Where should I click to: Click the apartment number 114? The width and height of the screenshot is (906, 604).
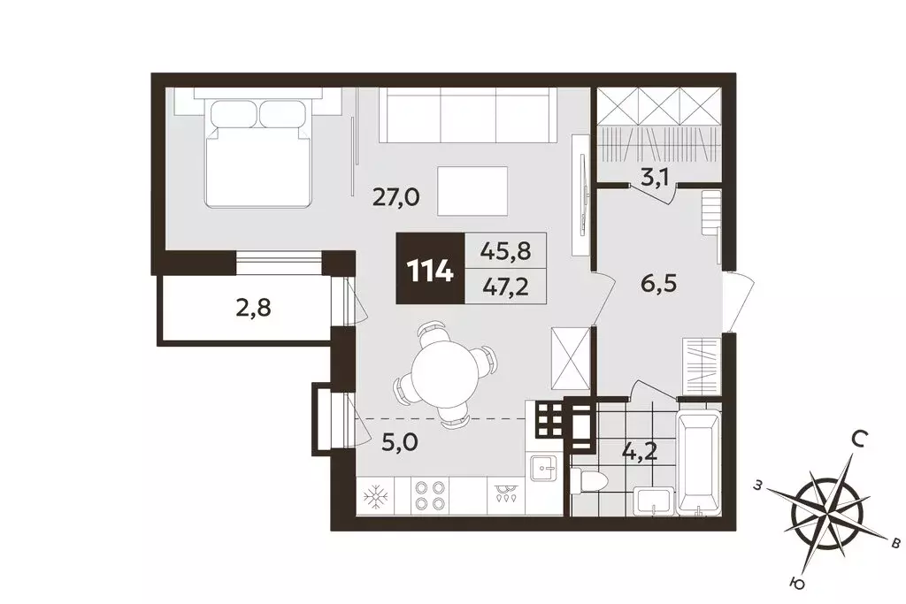[x=430, y=270]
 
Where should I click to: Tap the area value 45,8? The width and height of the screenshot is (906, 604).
[x=505, y=250]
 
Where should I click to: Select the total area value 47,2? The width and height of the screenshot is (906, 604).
[x=505, y=286]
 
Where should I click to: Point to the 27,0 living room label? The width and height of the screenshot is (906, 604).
[x=395, y=198]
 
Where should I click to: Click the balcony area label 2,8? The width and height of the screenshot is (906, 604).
[x=253, y=308]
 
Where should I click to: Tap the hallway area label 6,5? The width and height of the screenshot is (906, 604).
[x=658, y=284]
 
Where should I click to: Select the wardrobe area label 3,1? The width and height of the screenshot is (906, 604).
[x=655, y=177]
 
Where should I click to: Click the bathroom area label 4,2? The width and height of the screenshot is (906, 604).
[x=640, y=451]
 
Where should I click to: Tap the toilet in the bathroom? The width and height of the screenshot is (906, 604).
[x=588, y=482]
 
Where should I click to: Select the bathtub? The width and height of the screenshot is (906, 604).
[x=699, y=463]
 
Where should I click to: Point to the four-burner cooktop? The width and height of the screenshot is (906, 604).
[x=429, y=495]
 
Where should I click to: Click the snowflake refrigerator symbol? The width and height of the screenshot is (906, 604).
[x=374, y=497]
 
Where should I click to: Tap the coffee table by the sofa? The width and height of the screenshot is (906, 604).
[x=472, y=192]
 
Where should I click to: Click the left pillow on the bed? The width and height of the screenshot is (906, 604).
[x=234, y=114]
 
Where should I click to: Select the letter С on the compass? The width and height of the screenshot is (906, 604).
[x=859, y=441]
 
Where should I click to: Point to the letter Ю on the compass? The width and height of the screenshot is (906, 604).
[x=798, y=585]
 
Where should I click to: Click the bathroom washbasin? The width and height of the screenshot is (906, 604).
[x=654, y=500]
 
